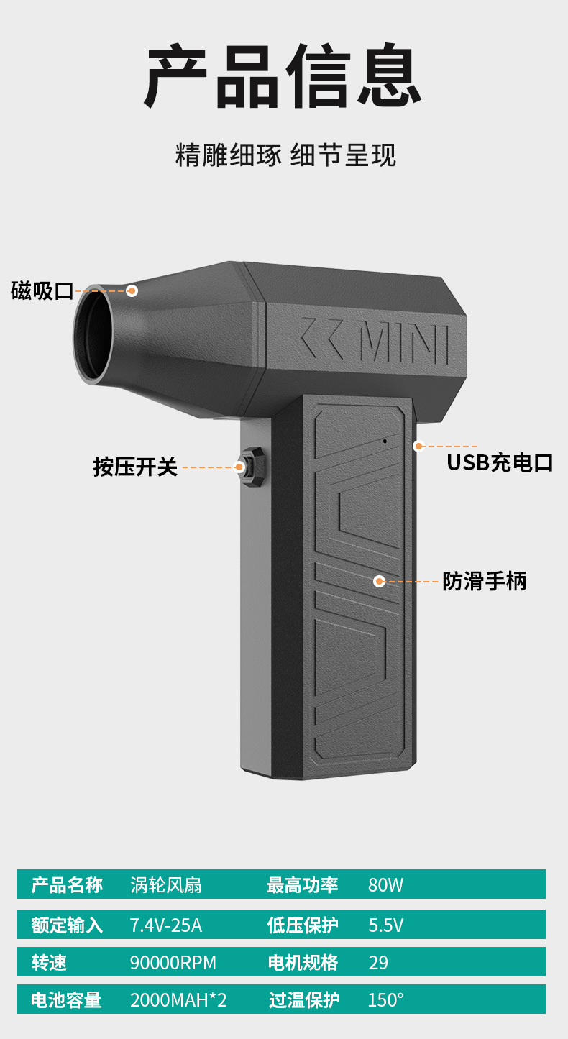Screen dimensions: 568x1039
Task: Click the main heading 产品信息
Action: click(284, 78)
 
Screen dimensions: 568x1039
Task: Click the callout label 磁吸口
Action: click(42, 291)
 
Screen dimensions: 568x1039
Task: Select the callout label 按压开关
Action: click(135, 467)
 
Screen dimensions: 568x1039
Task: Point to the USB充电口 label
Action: click(500, 462)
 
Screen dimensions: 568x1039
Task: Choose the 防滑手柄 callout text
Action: click(484, 581)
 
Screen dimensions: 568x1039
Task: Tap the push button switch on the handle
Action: click(251, 467)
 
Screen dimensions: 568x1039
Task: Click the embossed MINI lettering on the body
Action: click(403, 344)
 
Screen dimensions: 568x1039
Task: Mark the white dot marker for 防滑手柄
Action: click(380, 581)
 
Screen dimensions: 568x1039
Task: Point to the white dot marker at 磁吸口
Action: click(132, 290)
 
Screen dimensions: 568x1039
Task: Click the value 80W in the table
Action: click(385, 885)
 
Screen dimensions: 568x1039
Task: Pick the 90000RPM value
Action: click(173, 963)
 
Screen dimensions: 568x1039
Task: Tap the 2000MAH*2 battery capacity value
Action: click(178, 1000)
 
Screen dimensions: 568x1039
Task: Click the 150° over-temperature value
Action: click(385, 1000)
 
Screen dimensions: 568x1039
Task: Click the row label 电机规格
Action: click(302, 963)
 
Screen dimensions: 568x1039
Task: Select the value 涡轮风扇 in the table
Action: click(165, 885)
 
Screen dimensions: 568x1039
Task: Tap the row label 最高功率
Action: click(302, 885)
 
